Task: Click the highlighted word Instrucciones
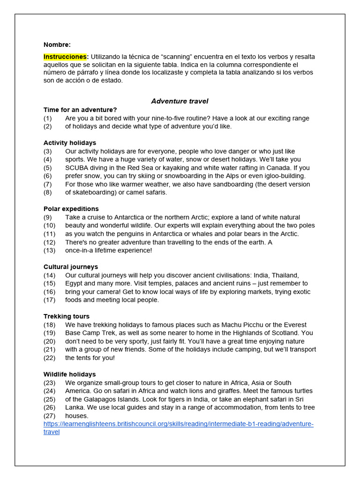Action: point(66,57)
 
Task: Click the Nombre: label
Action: point(57,45)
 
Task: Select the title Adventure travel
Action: point(180,101)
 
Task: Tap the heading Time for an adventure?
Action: point(80,110)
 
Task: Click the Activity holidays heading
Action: point(70,142)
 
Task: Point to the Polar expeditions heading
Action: point(71,209)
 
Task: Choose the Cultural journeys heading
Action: point(71,267)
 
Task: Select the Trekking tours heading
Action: point(67,316)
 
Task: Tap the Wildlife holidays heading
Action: point(70,374)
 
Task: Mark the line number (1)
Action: point(48,118)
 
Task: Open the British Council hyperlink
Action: point(178,424)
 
